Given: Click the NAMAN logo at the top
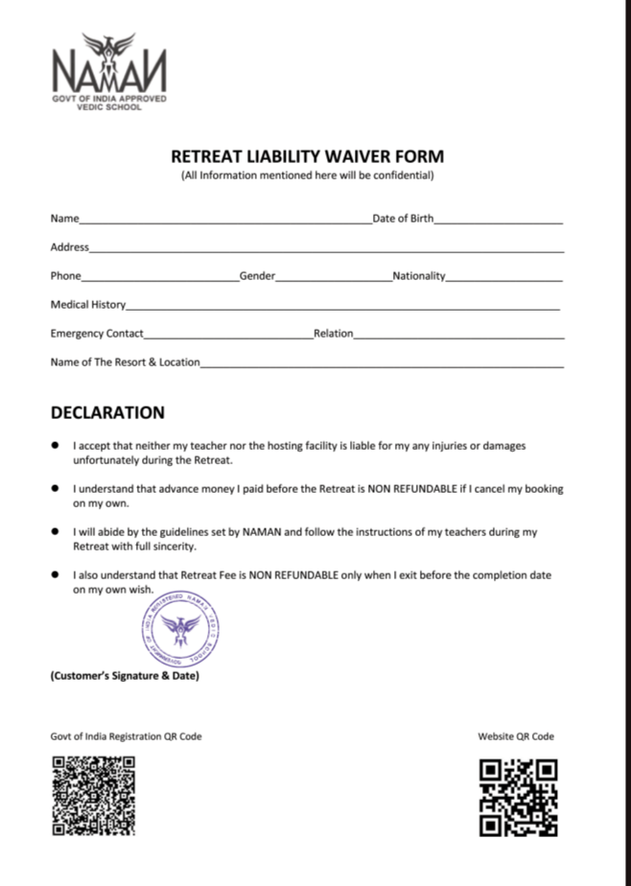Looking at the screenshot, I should pos(108,71).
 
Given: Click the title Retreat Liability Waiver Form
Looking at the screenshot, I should pos(307,156).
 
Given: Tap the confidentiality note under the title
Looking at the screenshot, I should pos(307,175).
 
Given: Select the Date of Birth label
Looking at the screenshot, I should pos(403,219).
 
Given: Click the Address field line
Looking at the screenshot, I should pos(326,250).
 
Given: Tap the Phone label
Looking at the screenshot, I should pos(65,276).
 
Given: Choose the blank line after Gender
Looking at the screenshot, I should pos(333,279).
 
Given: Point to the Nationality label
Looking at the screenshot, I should pos(419,276).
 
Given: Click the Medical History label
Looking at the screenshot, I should pos(88,305).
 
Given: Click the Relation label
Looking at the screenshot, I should pos(334,334).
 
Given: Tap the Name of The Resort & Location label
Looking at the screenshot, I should pos(125,362).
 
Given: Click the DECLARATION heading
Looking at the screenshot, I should pos(107,413).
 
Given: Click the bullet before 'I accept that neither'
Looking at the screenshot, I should pos(56,446).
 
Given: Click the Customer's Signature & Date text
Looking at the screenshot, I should pos(125,676).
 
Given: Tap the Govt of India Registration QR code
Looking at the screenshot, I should pos(93,795).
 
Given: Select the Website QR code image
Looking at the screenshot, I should pos(518,797).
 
